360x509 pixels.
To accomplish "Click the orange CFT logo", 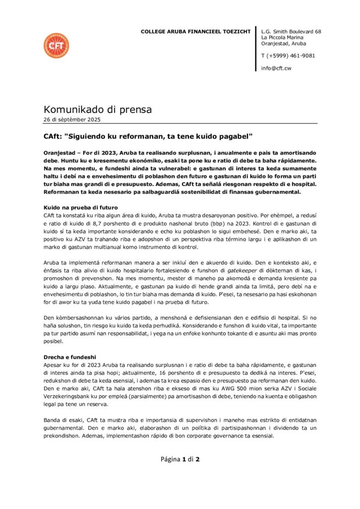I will (56, 46).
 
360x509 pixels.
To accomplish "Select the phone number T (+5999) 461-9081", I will (288, 56).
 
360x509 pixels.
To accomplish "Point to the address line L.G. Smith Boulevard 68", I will (291, 32).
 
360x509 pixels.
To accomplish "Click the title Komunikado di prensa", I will (98, 109).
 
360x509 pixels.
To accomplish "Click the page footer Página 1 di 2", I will (180, 459).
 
